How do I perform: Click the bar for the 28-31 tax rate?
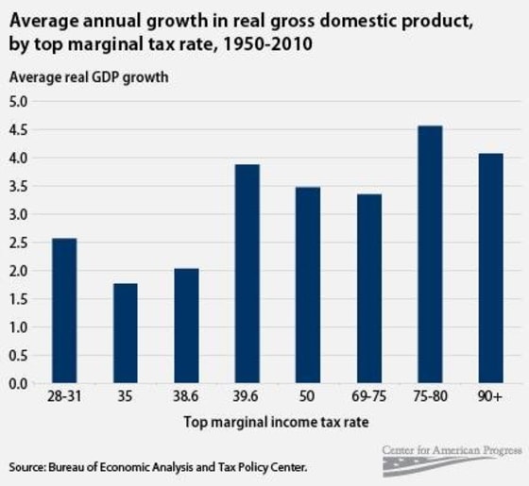tap(64, 310)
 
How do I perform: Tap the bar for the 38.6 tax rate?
tap(186, 326)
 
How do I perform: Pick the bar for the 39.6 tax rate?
tap(247, 274)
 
